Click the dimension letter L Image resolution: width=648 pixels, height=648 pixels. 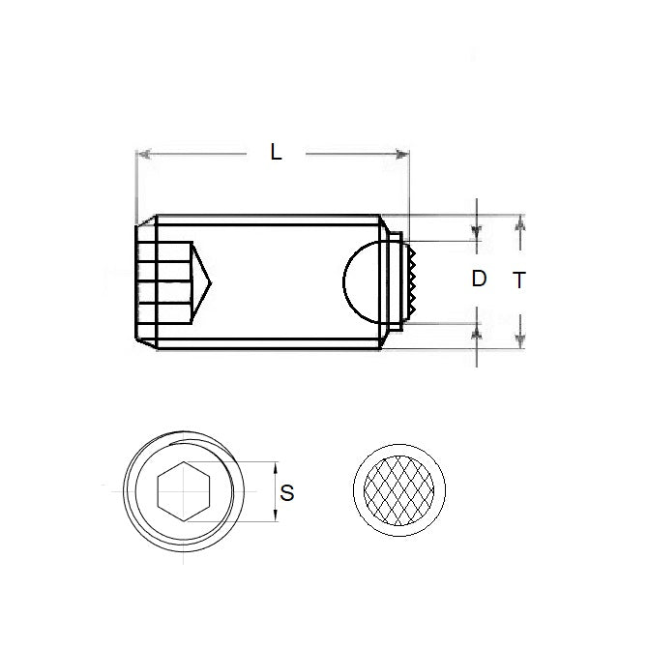(x=277, y=152)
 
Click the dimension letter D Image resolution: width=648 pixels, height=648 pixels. (x=479, y=280)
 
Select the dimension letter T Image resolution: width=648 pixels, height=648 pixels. (x=519, y=280)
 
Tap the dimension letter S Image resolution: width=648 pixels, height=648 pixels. (x=286, y=492)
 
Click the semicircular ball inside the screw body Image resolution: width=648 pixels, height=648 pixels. (x=363, y=280)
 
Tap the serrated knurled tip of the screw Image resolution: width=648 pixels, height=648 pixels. (x=411, y=280)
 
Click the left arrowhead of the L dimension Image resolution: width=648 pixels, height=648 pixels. (x=143, y=153)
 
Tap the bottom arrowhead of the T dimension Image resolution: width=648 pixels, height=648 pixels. (x=520, y=340)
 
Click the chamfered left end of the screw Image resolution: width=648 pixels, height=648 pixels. (x=139, y=280)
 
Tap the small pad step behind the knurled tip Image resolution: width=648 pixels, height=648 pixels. (x=394, y=280)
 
